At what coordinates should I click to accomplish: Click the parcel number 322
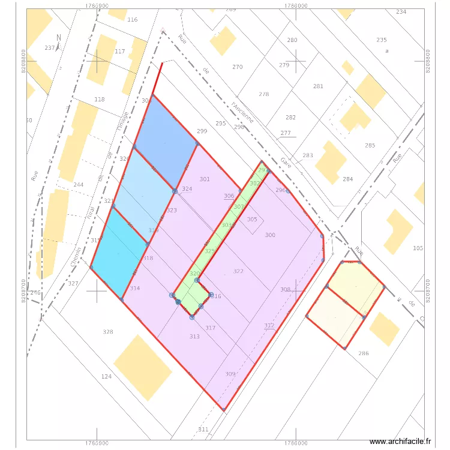(x=238, y=271)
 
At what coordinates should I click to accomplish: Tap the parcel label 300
(x=270, y=235)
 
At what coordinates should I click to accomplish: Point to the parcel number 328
(x=108, y=332)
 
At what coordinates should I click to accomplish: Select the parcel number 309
(x=230, y=374)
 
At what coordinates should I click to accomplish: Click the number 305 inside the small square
(x=252, y=220)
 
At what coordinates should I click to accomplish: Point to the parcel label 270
(x=238, y=67)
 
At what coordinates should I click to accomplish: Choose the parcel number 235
(x=382, y=40)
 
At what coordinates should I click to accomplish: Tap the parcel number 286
(x=364, y=353)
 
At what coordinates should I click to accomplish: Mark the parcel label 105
(x=418, y=248)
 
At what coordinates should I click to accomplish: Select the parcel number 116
(x=133, y=20)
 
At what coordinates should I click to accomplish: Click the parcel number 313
(x=194, y=337)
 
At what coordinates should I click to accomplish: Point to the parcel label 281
(x=318, y=86)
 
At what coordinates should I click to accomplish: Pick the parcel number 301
(x=205, y=179)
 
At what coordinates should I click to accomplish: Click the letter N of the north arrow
(x=58, y=37)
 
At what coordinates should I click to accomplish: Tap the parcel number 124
(x=106, y=376)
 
